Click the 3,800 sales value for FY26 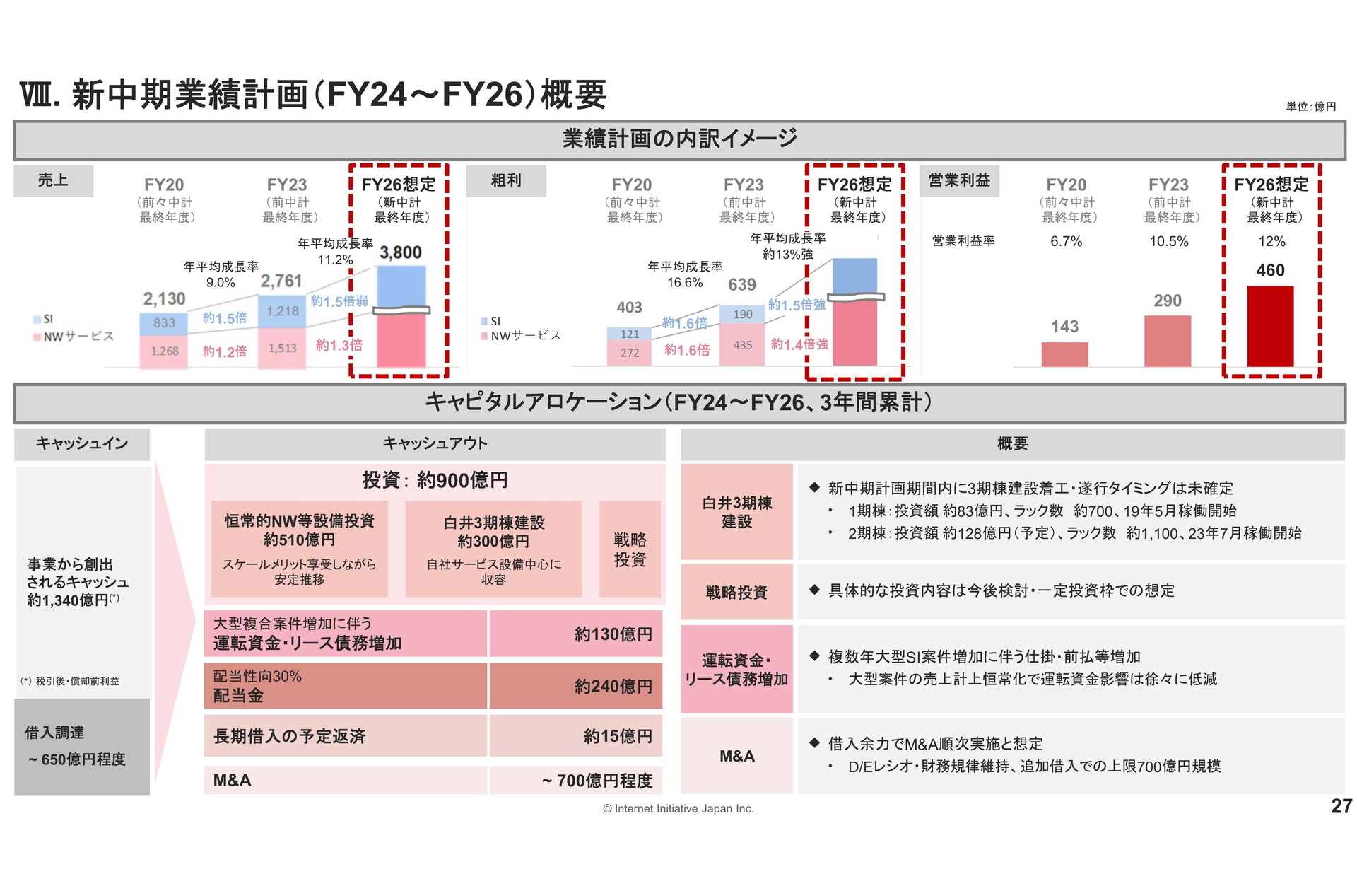click(x=400, y=252)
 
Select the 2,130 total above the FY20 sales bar click(x=164, y=299)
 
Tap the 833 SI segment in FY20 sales click(x=164, y=323)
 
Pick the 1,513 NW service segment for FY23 click(x=283, y=348)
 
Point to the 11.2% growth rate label click(x=335, y=260)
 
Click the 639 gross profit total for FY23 click(x=742, y=284)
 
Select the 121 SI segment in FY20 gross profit click(x=630, y=334)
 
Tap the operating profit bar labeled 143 click(x=1064, y=354)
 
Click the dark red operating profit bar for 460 click(x=1270, y=326)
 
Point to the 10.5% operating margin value click(x=1169, y=241)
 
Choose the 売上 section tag click(x=53, y=180)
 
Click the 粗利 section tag click(x=506, y=180)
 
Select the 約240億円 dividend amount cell click(x=576, y=686)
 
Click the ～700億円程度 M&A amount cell click(x=576, y=780)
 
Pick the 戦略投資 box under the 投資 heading click(x=630, y=549)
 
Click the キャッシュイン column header click(x=82, y=443)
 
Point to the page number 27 click(x=1341, y=806)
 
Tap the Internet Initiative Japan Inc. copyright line click(x=678, y=808)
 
